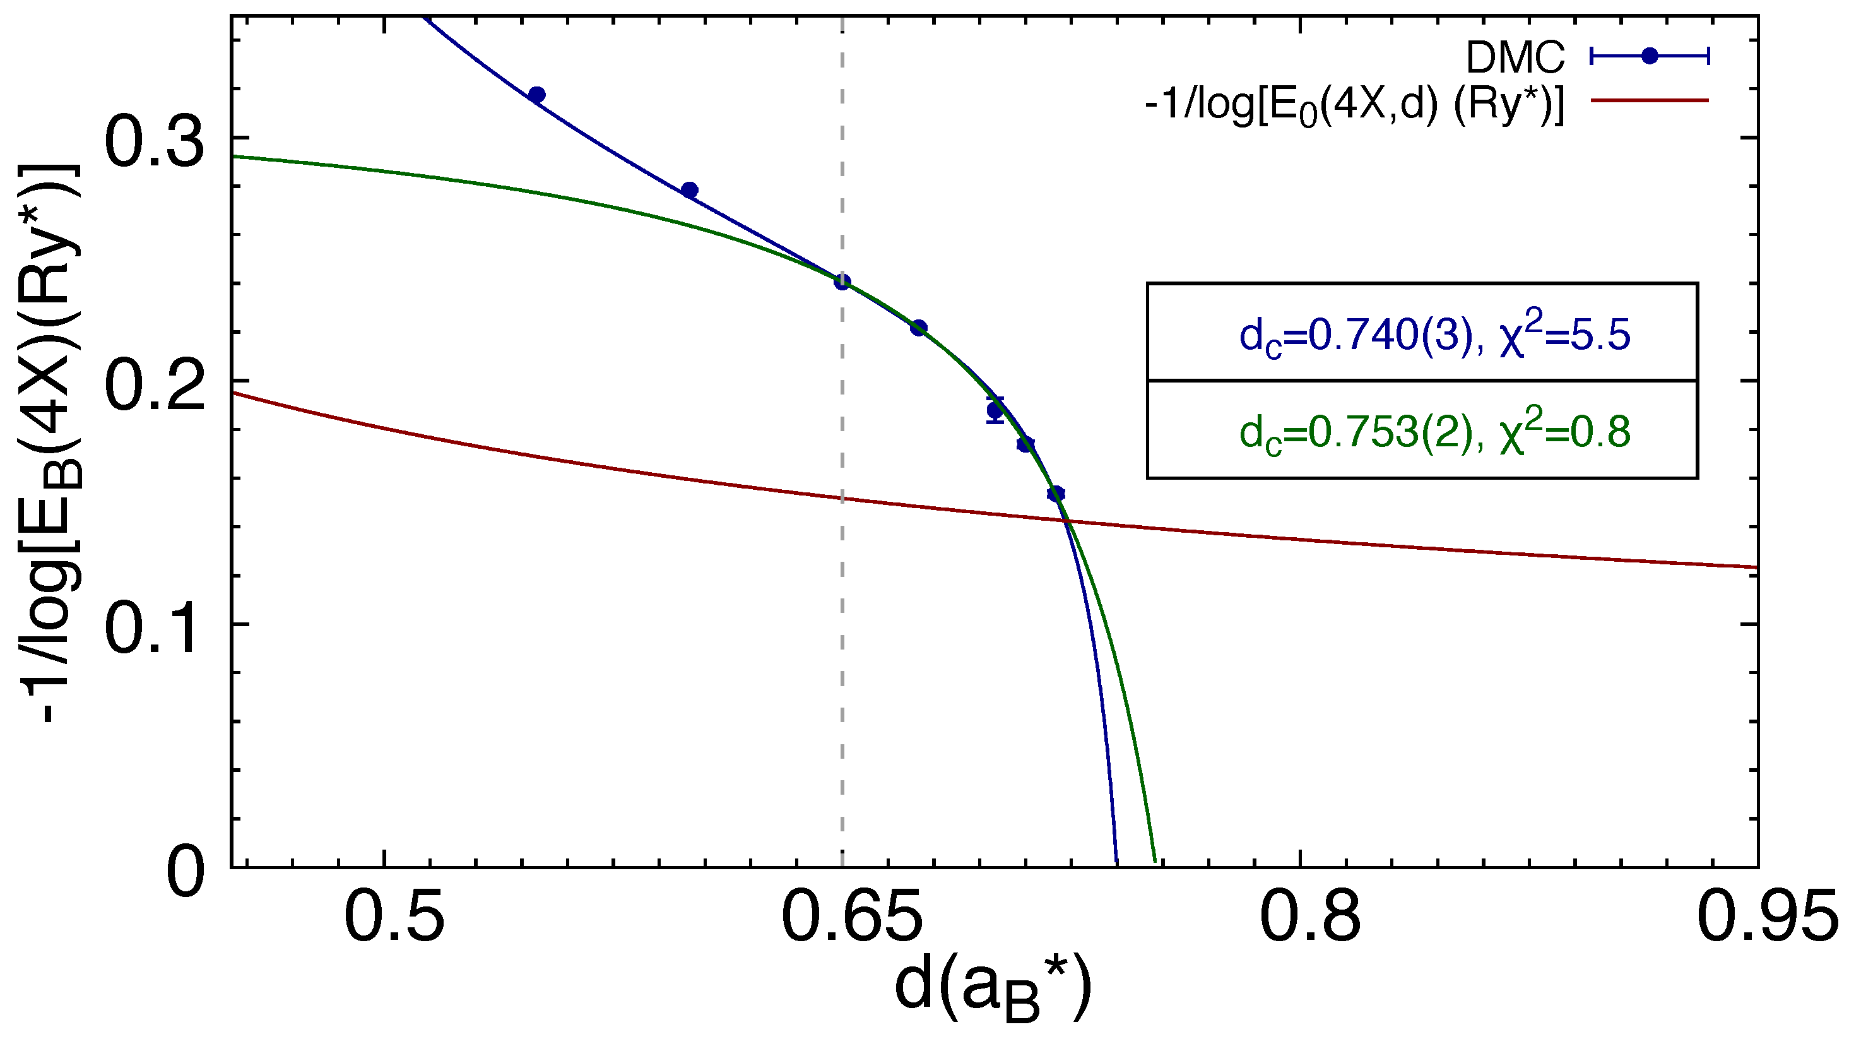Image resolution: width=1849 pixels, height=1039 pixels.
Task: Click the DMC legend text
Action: click(x=1515, y=57)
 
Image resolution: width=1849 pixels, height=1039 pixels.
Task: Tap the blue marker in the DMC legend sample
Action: click(x=1650, y=56)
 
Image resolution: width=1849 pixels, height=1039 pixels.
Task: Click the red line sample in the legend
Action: click(x=1650, y=100)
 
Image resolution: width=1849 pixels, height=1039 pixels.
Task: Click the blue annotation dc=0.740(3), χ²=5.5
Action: click(x=1434, y=335)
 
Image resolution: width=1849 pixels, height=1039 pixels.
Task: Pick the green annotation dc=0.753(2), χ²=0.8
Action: click(x=1434, y=433)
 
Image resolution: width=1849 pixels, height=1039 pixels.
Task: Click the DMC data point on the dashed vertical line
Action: click(x=842, y=282)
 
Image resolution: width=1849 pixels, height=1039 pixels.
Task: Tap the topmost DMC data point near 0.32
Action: click(x=536, y=95)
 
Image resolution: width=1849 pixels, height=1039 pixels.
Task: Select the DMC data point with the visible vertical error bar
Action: click(x=995, y=411)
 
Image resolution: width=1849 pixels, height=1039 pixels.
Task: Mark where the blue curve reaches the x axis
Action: click(x=1116, y=864)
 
